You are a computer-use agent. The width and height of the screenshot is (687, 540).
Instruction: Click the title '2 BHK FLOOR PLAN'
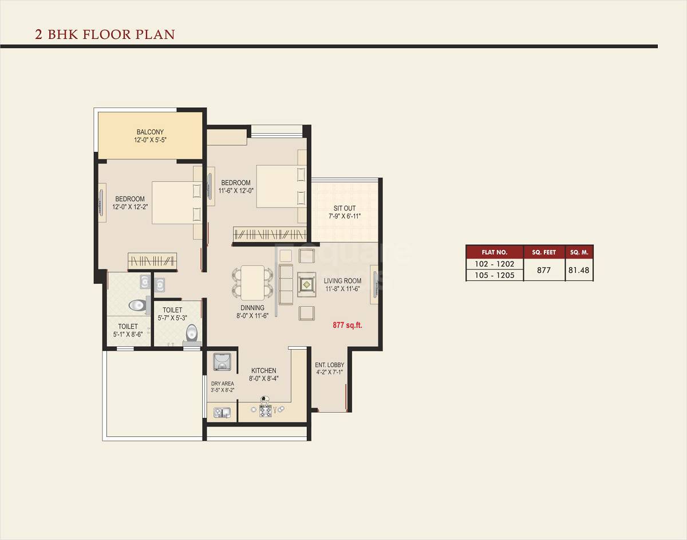click(105, 34)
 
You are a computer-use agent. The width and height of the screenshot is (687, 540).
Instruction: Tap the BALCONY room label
click(150, 132)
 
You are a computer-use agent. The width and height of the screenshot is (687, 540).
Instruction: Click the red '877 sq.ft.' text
click(348, 325)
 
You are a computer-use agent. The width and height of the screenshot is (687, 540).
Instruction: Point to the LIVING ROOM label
click(342, 280)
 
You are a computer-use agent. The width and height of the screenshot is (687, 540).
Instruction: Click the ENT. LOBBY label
click(329, 365)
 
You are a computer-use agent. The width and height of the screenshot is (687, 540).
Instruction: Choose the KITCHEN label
click(263, 371)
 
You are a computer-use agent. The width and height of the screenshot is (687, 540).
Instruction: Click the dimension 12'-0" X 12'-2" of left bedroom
click(129, 207)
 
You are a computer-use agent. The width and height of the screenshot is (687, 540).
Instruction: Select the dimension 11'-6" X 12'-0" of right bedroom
click(235, 191)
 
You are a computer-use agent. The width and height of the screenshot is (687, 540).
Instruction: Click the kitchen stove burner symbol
click(265, 410)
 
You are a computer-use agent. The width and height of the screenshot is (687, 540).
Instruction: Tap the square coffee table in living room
click(307, 283)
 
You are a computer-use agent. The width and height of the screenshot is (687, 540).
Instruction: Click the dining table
click(252, 283)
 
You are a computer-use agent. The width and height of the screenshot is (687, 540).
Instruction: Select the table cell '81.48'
click(579, 269)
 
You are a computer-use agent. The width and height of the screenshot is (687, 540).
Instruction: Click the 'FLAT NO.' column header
click(495, 252)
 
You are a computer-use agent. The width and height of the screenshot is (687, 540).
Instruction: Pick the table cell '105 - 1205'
click(495, 275)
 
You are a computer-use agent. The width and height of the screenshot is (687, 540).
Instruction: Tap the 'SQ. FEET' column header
click(544, 252)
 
